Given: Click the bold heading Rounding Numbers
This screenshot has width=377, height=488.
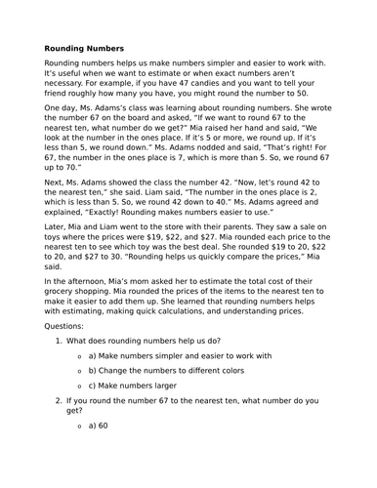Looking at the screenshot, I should [84, 47].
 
